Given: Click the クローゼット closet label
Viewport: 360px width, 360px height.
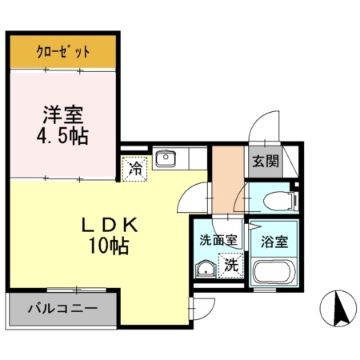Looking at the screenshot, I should pos(63,53).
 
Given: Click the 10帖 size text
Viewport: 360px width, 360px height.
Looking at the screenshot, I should pos(110,246).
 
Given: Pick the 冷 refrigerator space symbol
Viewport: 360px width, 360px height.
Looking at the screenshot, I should pos(135,169).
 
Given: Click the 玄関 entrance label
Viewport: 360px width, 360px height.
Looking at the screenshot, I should pos(266,162).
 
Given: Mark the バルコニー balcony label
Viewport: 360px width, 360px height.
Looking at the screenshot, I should pos(62,306).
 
